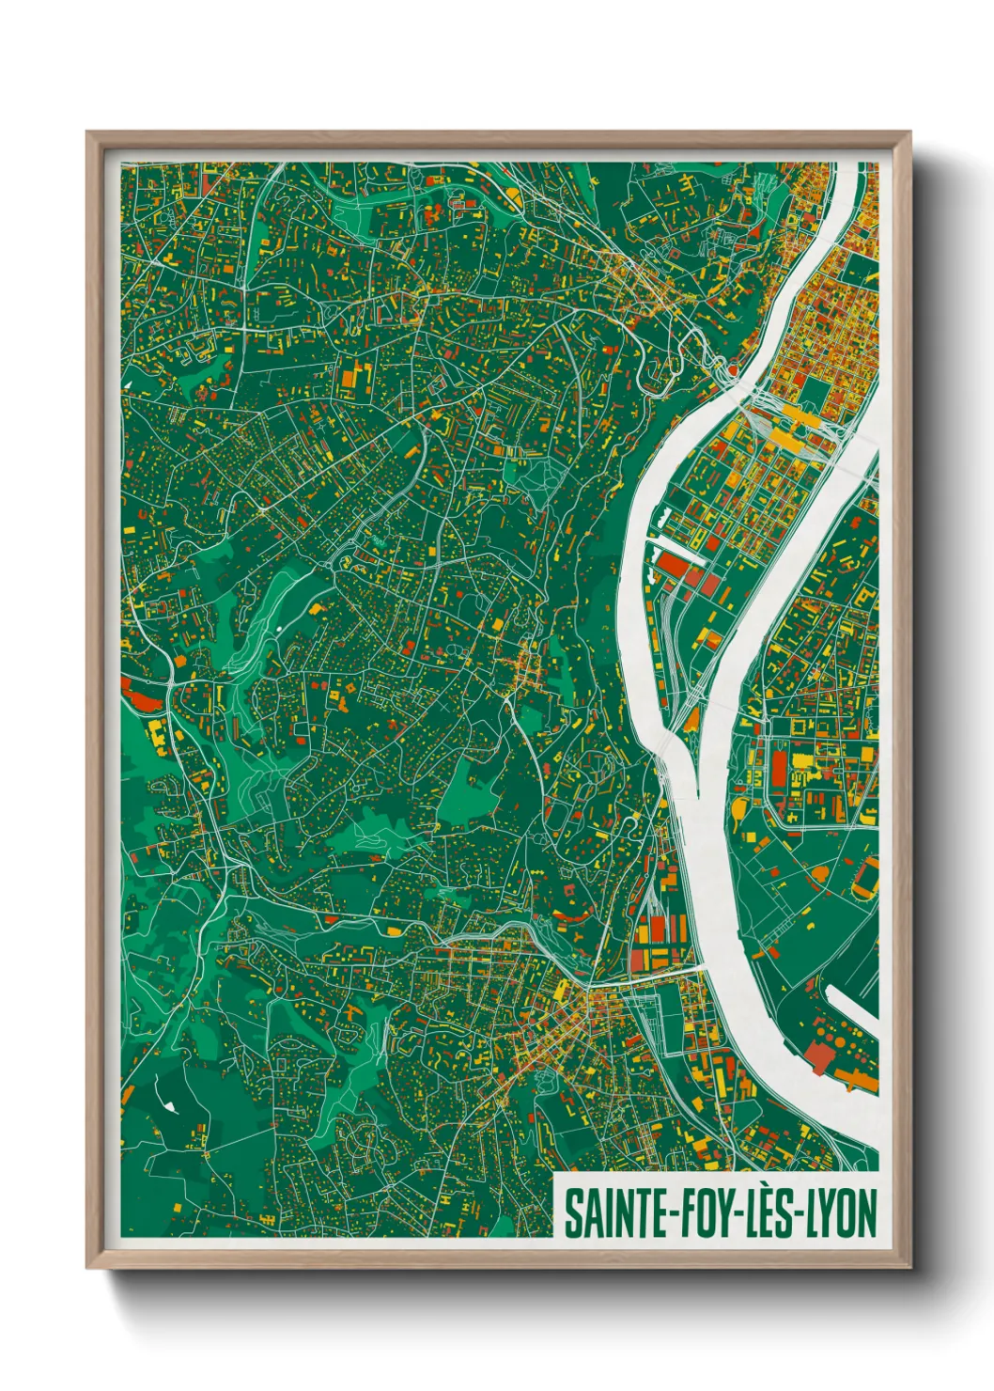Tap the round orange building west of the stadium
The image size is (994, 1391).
[x=819, y=875]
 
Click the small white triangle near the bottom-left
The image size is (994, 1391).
[x=170, y=1107]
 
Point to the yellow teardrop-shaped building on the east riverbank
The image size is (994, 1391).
[x=693, y=720]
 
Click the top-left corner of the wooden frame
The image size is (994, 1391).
[x=87, y=133]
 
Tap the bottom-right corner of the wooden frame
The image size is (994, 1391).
[x=910, y=1268]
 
